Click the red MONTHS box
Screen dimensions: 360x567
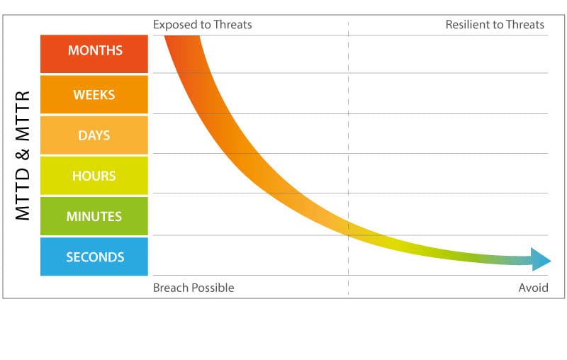click(x=94, y=51)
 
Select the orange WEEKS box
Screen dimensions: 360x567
click(x=94, y=94)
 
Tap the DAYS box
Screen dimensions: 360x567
click(x=94, y=135)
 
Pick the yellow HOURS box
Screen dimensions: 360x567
click(x=94, y=176)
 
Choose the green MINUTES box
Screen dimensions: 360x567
click(x=94, y=216)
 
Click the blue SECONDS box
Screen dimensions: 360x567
click(x=94, y=257)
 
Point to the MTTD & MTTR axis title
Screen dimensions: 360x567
click(x=23, y=155)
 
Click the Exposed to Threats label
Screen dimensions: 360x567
click(x=202, y=25)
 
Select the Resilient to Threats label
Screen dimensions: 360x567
click(x=495, y=25)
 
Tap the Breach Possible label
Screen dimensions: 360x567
click(x=193, y=288)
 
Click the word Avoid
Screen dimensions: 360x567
click(x=534, y=288)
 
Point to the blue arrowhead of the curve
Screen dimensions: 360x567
click(x=541, y=260)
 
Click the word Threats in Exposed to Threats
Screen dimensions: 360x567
click(x=231, y=25)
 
